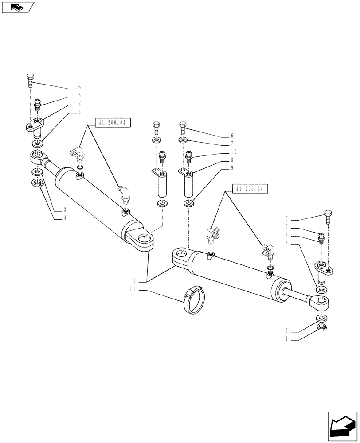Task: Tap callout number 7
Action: click(231, 144)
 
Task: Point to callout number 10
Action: click(233, 152)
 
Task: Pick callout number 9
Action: click(231, 168)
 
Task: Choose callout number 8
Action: click(231, 160)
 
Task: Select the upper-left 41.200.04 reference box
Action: click(113, 124)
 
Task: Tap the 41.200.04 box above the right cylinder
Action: click(250, 189)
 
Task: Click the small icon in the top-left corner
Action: click(17, 7)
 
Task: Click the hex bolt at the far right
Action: click(329, 218)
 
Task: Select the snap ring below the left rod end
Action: click(37, 183)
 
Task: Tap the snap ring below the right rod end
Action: click(322, 328)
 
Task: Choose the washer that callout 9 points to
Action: click(189, 204)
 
